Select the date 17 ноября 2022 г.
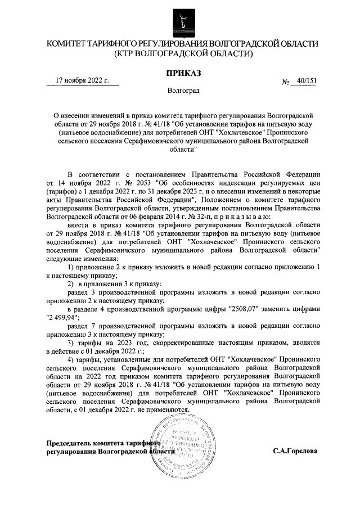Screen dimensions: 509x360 (85, 80)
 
